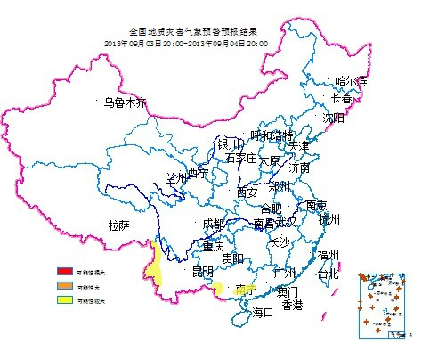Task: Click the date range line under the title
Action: click(x=186, y=42)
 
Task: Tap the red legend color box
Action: click(x=65, y=271)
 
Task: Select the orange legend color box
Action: click(x=65, y=286)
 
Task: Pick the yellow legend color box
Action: click(x=65, y=301)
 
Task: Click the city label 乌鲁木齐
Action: click(x=123, y=103)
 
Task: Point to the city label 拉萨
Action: click(x=119, y=225)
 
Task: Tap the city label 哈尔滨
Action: click(x=351, y=82)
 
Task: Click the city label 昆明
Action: click(x=202, y=270)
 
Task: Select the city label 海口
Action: click(x=264, y=312)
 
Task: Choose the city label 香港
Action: click(x=292, y=305)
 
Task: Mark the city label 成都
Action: click(x=214, y=223)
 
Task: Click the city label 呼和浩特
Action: click(x=272, y=135)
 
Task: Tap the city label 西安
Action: click(x=247, y=192)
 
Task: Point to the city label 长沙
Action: click(x=279, y=241)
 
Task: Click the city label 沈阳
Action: click(x=333, y=117)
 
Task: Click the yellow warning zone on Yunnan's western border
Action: click(x=155, y=263)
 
